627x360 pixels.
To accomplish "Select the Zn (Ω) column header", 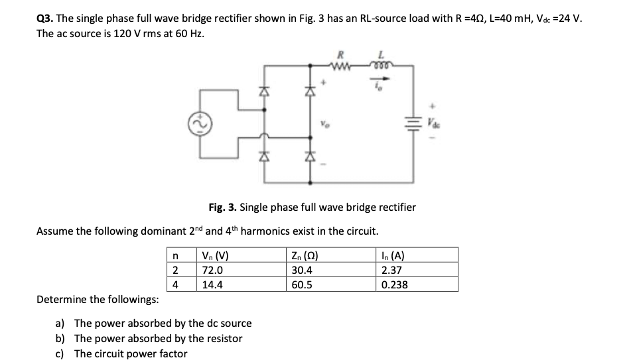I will [x=306, y=256].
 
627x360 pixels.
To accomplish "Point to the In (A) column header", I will [x=393, y=256].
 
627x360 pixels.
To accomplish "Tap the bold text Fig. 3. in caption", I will [x=225, y=207].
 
